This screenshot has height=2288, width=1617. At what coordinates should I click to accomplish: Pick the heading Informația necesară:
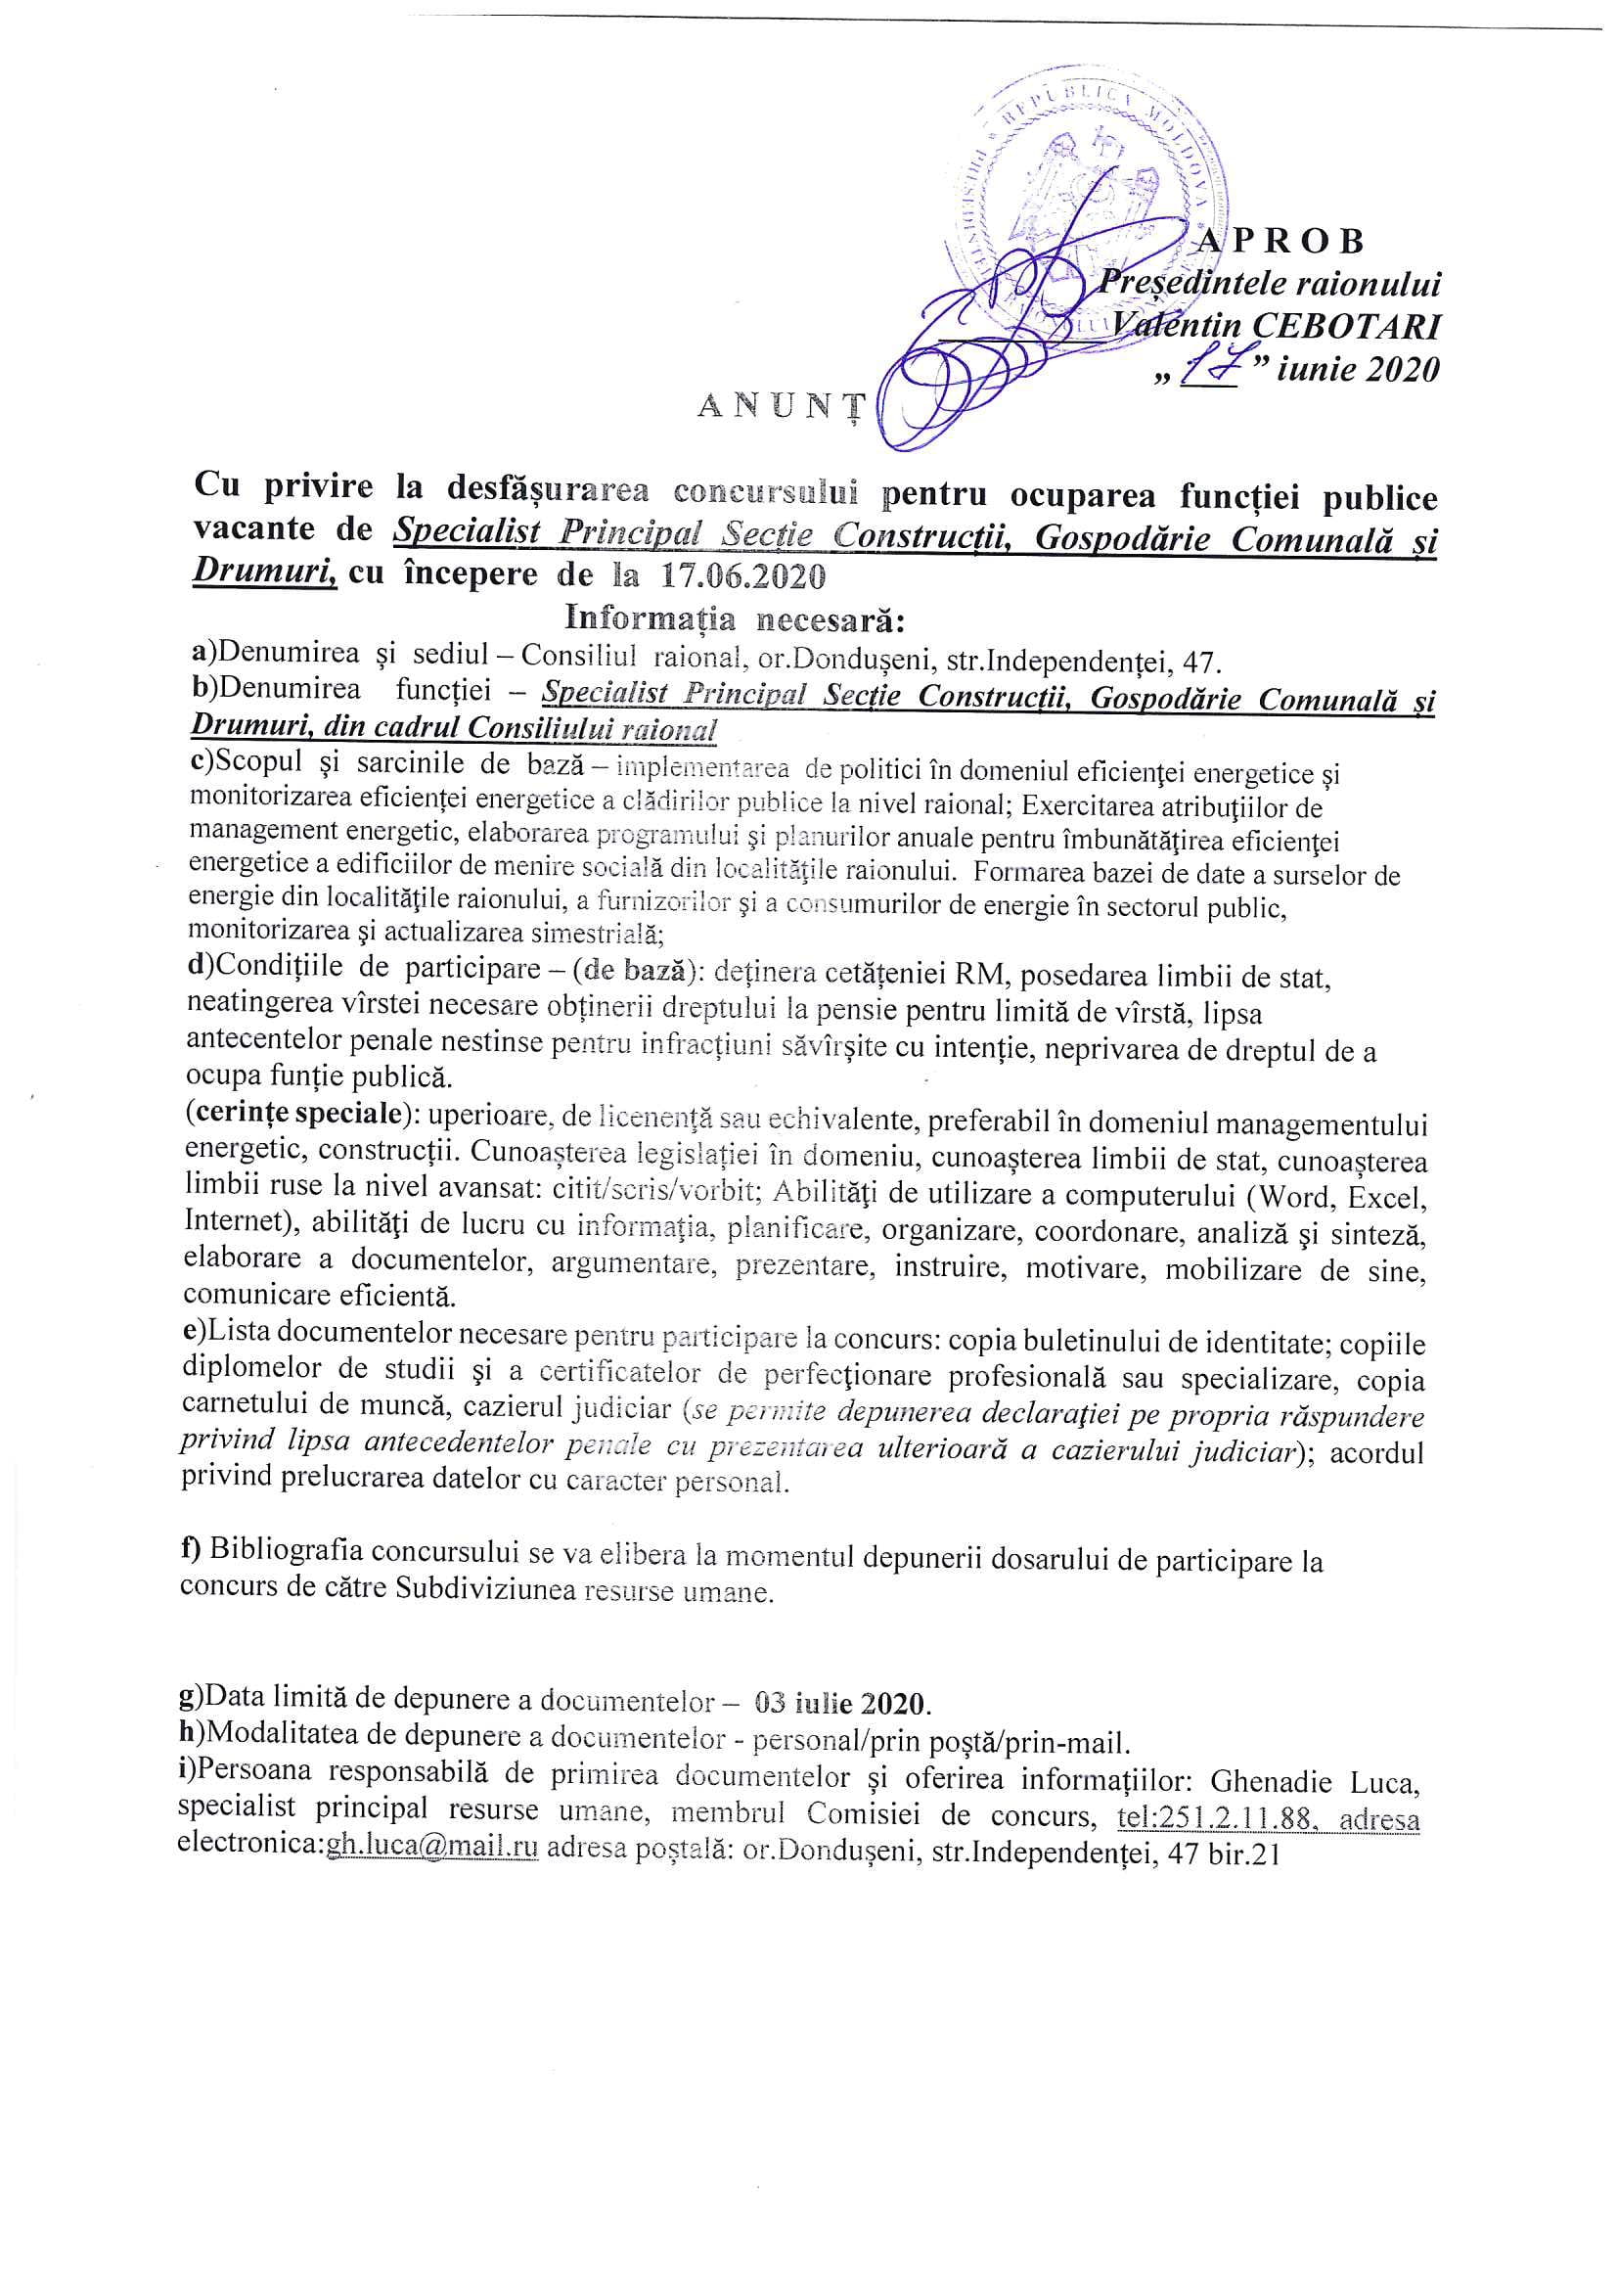click(x=735, y=618)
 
